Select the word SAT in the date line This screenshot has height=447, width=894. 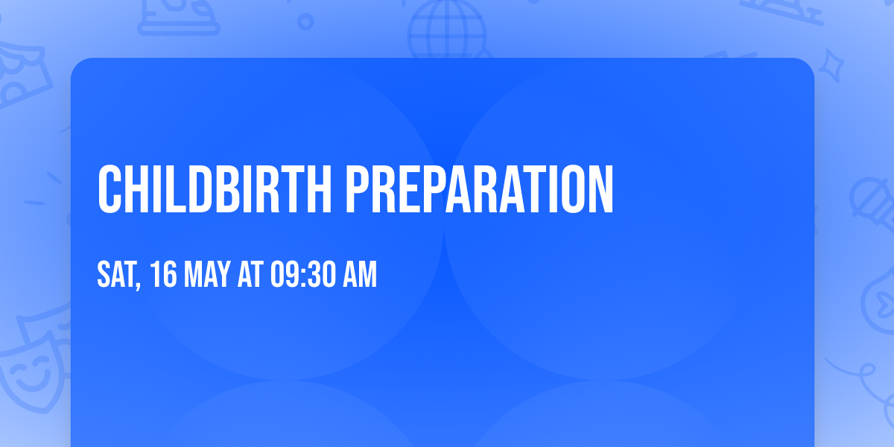[115, 275]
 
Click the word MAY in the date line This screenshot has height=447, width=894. [203, 275]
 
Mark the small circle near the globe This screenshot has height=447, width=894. [306, 22]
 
